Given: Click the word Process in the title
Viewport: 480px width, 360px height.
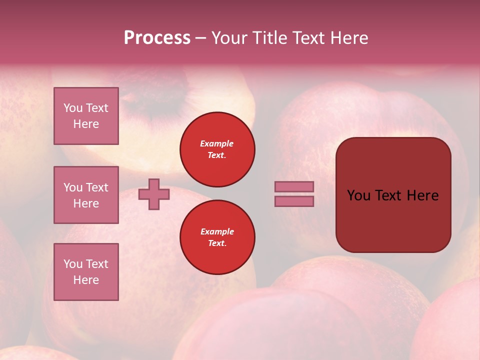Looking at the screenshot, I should [x=157, y=38].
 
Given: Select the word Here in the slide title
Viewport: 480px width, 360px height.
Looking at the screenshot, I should [x=348, y=38].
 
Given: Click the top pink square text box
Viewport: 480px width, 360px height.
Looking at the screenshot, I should [x=86, y=116].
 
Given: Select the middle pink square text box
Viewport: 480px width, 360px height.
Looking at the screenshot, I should [x=86, y=195].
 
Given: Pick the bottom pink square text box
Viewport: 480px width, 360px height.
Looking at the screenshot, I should [x=86, y=272].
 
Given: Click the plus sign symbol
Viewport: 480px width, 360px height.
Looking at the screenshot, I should [x=154, y=194].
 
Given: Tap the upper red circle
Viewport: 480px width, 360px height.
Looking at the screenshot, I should [x=217, y=149].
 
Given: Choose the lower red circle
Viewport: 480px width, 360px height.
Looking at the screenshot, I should [x=217, y=237].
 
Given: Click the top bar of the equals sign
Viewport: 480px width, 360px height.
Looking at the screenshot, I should [x=294, y=186].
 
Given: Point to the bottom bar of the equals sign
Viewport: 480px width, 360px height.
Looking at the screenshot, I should [x=294, y=201].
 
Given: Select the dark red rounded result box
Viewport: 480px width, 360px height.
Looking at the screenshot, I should [x=393, y=220].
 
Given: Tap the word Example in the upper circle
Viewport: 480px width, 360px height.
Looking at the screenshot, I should [x=217, y=143].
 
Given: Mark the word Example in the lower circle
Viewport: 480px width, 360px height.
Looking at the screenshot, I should [x=217, y=231].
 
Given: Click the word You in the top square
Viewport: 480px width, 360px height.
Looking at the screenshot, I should [x=73, y=108].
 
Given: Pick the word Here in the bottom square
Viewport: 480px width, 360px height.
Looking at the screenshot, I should [x=86, y=280].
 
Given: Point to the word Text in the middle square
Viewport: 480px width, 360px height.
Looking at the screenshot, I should [x=97, y=187].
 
